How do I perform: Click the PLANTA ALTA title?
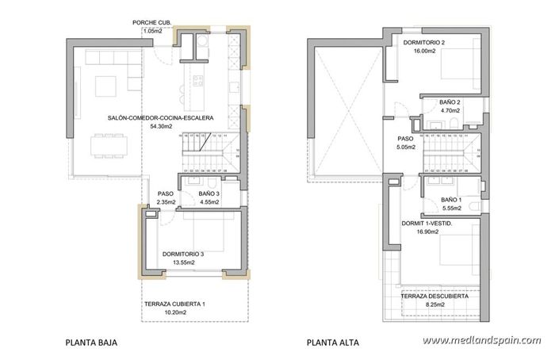click(x=332, y=343)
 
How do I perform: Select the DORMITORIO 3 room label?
click(x=183, y=254)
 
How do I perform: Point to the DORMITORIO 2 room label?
click(x=423, y=42)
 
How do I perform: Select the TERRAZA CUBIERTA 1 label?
click(x=175, y=305)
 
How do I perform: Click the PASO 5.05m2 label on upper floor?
click(x=406, y=143)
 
